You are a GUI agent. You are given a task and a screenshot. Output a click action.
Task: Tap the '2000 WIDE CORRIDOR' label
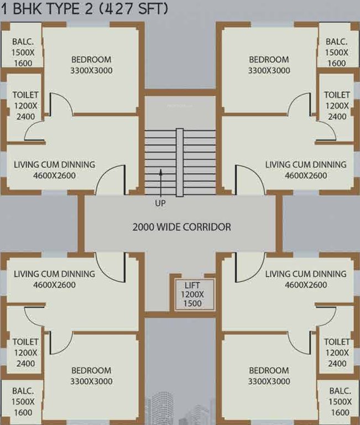pyautogui.click(x=181, y=227)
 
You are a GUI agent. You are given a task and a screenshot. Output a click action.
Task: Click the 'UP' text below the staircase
pyautogui.click(x=160, y=203)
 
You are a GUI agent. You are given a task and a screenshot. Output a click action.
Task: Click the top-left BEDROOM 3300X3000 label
pyautogui.click(x=91, y=65)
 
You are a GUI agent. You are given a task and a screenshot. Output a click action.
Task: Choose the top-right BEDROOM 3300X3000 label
pyautogui.click(x=269, y=65)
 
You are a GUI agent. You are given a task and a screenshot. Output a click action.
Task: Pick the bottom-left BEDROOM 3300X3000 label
pyautogui.click(x=91, y=376)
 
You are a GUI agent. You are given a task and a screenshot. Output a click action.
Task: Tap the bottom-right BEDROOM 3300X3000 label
pyautogui.click(x=269, y=376)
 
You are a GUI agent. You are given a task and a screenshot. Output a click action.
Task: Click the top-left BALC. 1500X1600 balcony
pyautogui.click(x=22, y=52)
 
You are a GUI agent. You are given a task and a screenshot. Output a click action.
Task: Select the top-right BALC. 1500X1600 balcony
pyautogui.click(x=337, y=52)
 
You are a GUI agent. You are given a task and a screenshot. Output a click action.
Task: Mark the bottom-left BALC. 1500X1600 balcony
pyautogui.click(x=22, y=402)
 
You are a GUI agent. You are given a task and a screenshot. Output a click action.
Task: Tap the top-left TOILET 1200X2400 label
pyautogui.click(x=25, y=106)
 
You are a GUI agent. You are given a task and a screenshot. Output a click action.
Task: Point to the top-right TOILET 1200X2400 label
pyautogui.click(x=337, y=106)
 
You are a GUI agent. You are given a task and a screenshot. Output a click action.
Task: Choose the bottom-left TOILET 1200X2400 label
pyautogui.click(x=25, y=353)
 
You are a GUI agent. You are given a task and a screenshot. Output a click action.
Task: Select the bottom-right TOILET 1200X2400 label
pyautogui.click(x=337, y=353)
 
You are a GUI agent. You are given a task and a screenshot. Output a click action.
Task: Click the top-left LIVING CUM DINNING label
pyautogui.click(x=54, y=170)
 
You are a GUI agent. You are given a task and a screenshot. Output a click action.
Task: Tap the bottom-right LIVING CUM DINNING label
pyautogui.click(x=306, y=279)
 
